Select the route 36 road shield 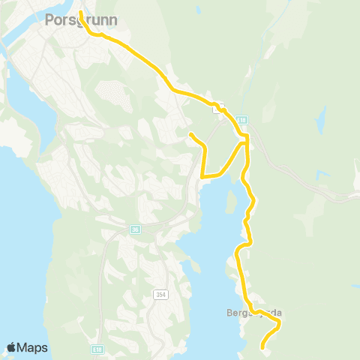(135, 229)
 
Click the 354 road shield (160, 295)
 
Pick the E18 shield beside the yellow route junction (241, 120)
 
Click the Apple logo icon (11, 347)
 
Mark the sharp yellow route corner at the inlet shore (203, 176)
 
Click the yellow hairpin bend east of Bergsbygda (279, 322)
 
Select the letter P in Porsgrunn (50, 20)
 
